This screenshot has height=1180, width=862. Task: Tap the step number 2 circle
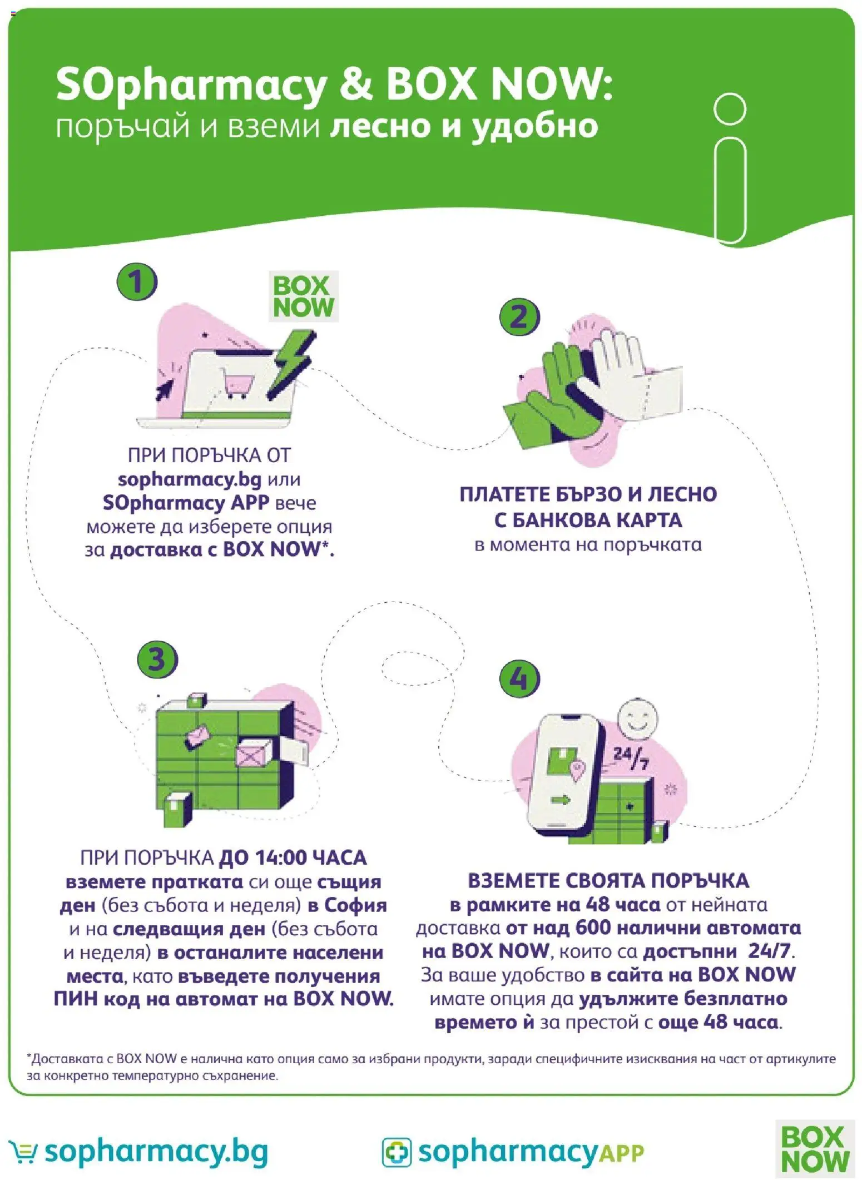click(519, 317)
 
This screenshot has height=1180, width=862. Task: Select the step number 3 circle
click(157, 660)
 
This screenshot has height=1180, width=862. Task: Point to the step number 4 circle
click(519, 678)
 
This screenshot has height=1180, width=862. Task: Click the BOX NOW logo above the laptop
click(304, 296)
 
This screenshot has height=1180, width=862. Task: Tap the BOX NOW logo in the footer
click(815, 1149)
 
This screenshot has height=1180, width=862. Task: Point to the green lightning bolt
click(290, 364)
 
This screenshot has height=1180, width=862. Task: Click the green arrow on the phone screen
click(561, 800)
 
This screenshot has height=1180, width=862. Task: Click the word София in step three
click(355, 905)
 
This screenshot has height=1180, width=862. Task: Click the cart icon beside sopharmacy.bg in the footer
click(24, 1152)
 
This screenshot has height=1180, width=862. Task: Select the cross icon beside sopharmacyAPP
click(397, 1152)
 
